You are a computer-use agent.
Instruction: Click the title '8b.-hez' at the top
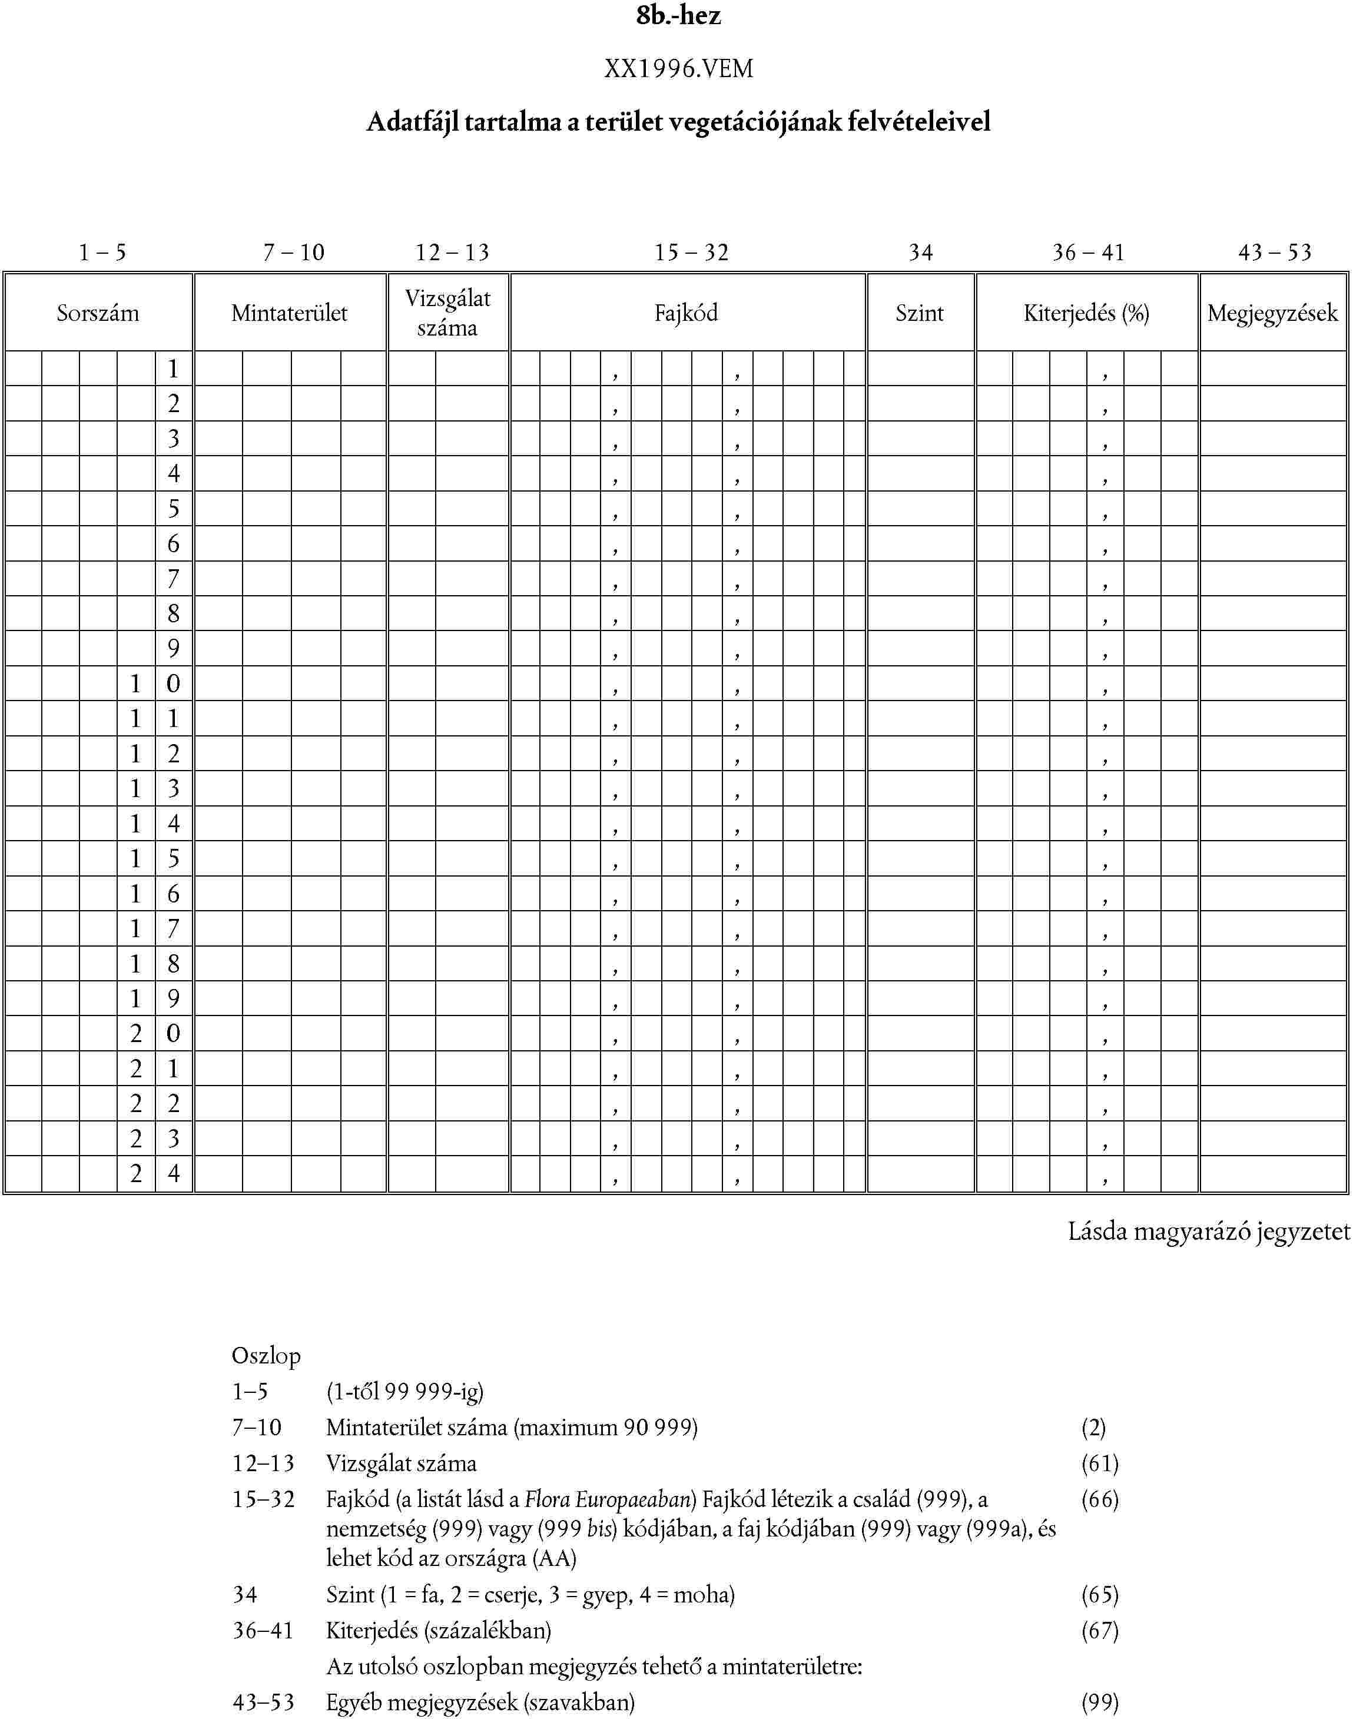click(678, 16)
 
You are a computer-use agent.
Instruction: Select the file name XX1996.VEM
click(678, 69)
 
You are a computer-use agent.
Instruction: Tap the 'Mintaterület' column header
click(289, 313)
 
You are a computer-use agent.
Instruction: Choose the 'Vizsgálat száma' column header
click(447, 313)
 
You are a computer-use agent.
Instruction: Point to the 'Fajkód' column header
click(686, 313)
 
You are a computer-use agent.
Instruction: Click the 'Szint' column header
click(919, 313)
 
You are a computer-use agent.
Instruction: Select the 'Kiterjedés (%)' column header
click(1086, 313)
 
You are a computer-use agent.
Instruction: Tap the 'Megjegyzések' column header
click(1272, 313)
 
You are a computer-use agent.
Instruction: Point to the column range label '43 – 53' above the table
click(1275, 252)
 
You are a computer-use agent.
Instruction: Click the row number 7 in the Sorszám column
click(174, 578)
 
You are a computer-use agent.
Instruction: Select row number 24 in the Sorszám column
click(155, 1173)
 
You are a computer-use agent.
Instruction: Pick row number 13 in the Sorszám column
click(155, 788)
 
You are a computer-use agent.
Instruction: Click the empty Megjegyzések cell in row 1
click(1273, 369)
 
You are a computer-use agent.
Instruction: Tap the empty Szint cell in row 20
click(920, 1033)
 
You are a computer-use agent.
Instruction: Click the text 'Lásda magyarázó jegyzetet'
click(1208, 1231)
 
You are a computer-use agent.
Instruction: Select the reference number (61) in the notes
click(1099, 1463)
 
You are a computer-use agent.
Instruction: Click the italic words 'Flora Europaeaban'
click(609, 1499)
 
